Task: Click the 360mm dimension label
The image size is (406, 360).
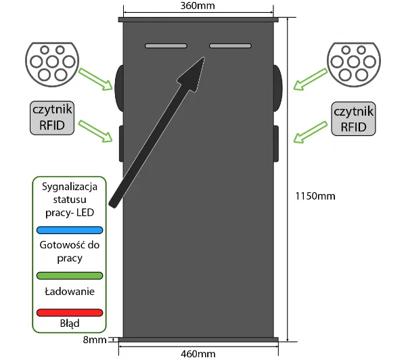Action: tap(198, 5)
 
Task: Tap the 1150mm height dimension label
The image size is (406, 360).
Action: tap(315, 196)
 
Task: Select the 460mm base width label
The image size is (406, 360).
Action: tap(198, 354)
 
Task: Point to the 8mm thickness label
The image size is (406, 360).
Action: tap(95, 340)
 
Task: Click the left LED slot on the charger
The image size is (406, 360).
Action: tap(166, 46)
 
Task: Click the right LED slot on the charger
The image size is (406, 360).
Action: tap(230, 46)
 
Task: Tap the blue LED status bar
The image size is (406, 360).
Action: tap(70, 230)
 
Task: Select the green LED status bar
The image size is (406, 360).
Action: tap(70, 275)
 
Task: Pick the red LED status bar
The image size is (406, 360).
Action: tap(70, 313)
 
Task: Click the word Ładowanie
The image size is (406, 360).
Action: tap(70, 292)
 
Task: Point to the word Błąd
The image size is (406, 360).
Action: tap(70, 323)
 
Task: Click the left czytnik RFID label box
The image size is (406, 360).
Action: tap(52, 118)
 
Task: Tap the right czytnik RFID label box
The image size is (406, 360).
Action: tap(353, 119)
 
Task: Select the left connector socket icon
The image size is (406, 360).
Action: tap(52, 64)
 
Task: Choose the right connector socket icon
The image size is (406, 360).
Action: tap(354, 64)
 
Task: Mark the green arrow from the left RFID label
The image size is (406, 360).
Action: tap(95, 131)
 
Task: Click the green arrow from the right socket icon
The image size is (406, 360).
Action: tap(311, 79)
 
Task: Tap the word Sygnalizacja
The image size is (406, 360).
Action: tap(70, 187)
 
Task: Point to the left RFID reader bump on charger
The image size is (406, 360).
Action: tap(121, 143)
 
